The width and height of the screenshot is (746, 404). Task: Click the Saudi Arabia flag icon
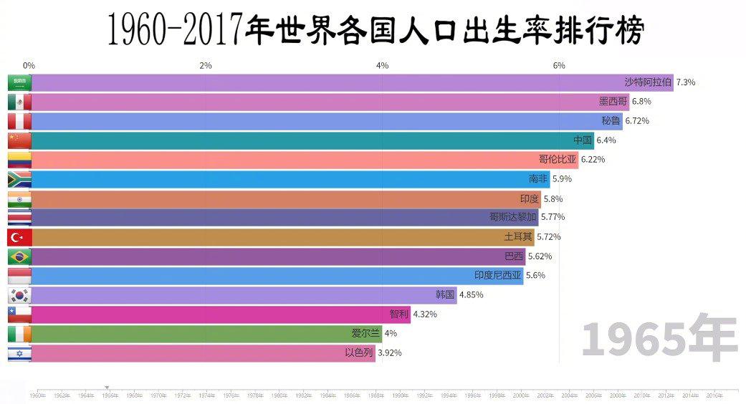19,82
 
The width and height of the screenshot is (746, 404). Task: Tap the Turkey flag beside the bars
19,237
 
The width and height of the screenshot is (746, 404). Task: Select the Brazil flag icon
19,256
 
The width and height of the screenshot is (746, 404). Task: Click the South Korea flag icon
19,295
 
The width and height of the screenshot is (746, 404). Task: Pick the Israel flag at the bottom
19,353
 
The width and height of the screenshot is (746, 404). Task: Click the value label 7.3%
686,82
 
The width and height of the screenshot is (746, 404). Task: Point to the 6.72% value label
637,121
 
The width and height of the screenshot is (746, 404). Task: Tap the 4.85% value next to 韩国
471,295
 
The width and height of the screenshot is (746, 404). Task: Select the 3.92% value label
389,353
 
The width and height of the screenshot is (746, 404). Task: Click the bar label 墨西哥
613,102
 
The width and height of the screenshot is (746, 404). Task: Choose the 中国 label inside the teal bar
583,140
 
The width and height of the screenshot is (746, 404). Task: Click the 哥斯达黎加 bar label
512,217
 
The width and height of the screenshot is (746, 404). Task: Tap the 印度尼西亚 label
498,275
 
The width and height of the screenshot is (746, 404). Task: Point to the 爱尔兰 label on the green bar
365,333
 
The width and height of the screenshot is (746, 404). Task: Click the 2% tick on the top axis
206,66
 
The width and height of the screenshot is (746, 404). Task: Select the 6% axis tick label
559,66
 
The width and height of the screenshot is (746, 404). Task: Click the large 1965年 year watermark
659,339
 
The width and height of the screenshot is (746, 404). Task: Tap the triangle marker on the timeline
107,388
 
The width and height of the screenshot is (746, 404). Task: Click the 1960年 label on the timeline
37,395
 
